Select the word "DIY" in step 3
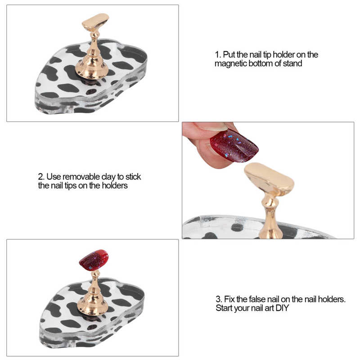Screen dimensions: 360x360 point(282,308)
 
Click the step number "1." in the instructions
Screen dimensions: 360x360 point(218,55)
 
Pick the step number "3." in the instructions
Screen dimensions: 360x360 point(219,299)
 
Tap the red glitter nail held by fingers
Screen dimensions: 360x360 point(234,145)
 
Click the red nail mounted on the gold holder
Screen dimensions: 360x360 point(94,260)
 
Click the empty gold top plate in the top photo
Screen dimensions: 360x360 point(95,22)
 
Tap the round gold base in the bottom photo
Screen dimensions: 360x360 point(93,306)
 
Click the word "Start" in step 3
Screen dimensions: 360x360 point(224,308)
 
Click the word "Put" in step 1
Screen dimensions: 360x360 point(229,55)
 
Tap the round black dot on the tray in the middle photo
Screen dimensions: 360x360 point(237,227)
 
